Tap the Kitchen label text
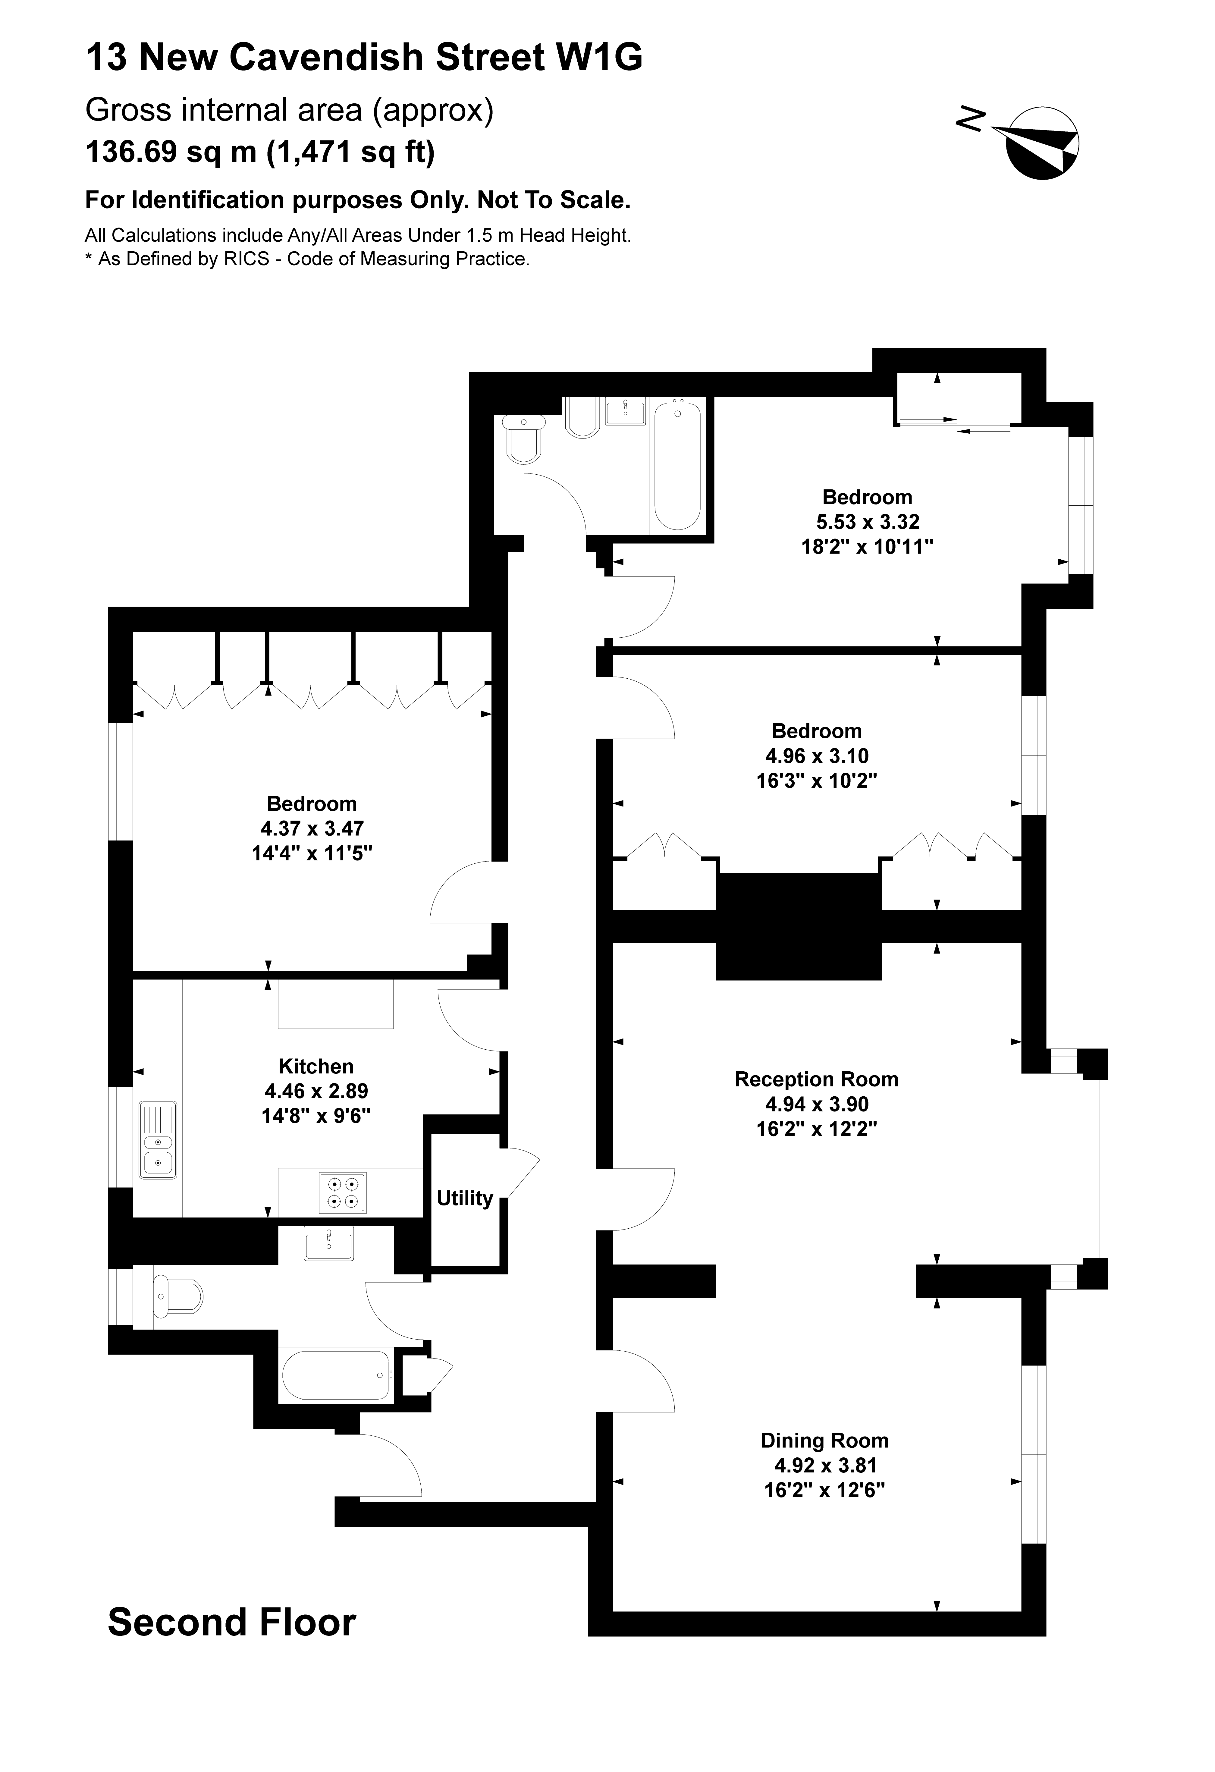pyautogui.click(x=316, y=1066)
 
